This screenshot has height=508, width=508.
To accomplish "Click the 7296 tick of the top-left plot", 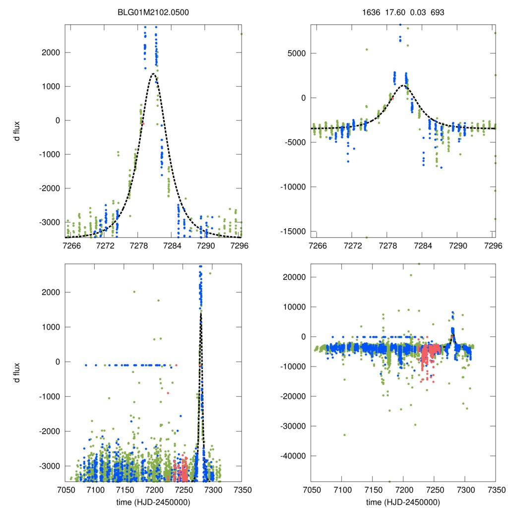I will coord(241,246).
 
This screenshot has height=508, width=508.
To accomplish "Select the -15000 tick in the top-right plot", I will coord(295,232).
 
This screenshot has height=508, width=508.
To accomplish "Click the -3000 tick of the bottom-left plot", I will coord(51,466).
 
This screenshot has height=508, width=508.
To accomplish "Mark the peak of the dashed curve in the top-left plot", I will coord(154,74).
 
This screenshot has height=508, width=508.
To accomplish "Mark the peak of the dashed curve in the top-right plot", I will coord(403,85).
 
